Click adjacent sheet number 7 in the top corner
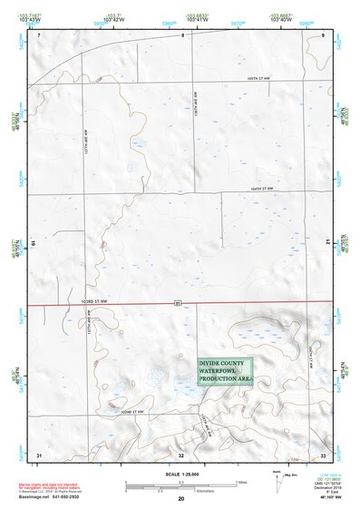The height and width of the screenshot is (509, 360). tap(39, 34)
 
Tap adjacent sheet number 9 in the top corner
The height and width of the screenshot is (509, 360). tap(324, 34)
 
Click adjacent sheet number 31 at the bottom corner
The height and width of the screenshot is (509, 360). tap(39, 454)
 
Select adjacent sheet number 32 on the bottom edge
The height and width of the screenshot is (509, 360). tap(181, 454)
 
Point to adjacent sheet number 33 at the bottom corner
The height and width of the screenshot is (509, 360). tap(323, 454)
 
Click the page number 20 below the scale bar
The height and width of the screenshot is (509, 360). tap(180, 499)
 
